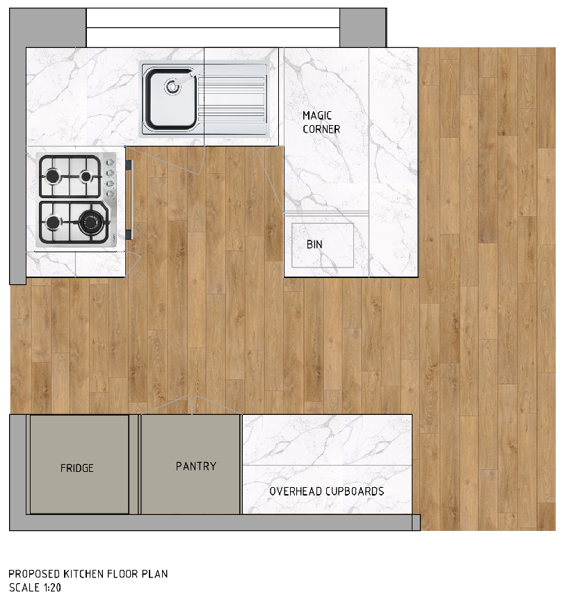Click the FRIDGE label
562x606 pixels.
(77, 468)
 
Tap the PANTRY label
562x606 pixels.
(196, 466)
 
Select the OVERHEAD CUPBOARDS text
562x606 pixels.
(326, 491)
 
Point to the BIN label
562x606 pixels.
(314, 244)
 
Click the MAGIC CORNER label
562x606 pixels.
(321, 122)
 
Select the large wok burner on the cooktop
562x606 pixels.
(89, 222)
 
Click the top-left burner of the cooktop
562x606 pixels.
(53, 177)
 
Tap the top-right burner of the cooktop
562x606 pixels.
(86, 177)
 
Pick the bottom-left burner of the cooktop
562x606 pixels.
(53, 222)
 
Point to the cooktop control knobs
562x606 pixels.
(110, 178)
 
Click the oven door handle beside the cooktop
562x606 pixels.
(129, 199)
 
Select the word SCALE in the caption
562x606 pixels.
(24, 587)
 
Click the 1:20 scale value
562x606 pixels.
(52, 587)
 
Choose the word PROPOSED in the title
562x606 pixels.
(34, 573)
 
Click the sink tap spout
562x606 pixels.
(186, 76)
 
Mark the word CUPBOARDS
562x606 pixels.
(355, 491)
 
